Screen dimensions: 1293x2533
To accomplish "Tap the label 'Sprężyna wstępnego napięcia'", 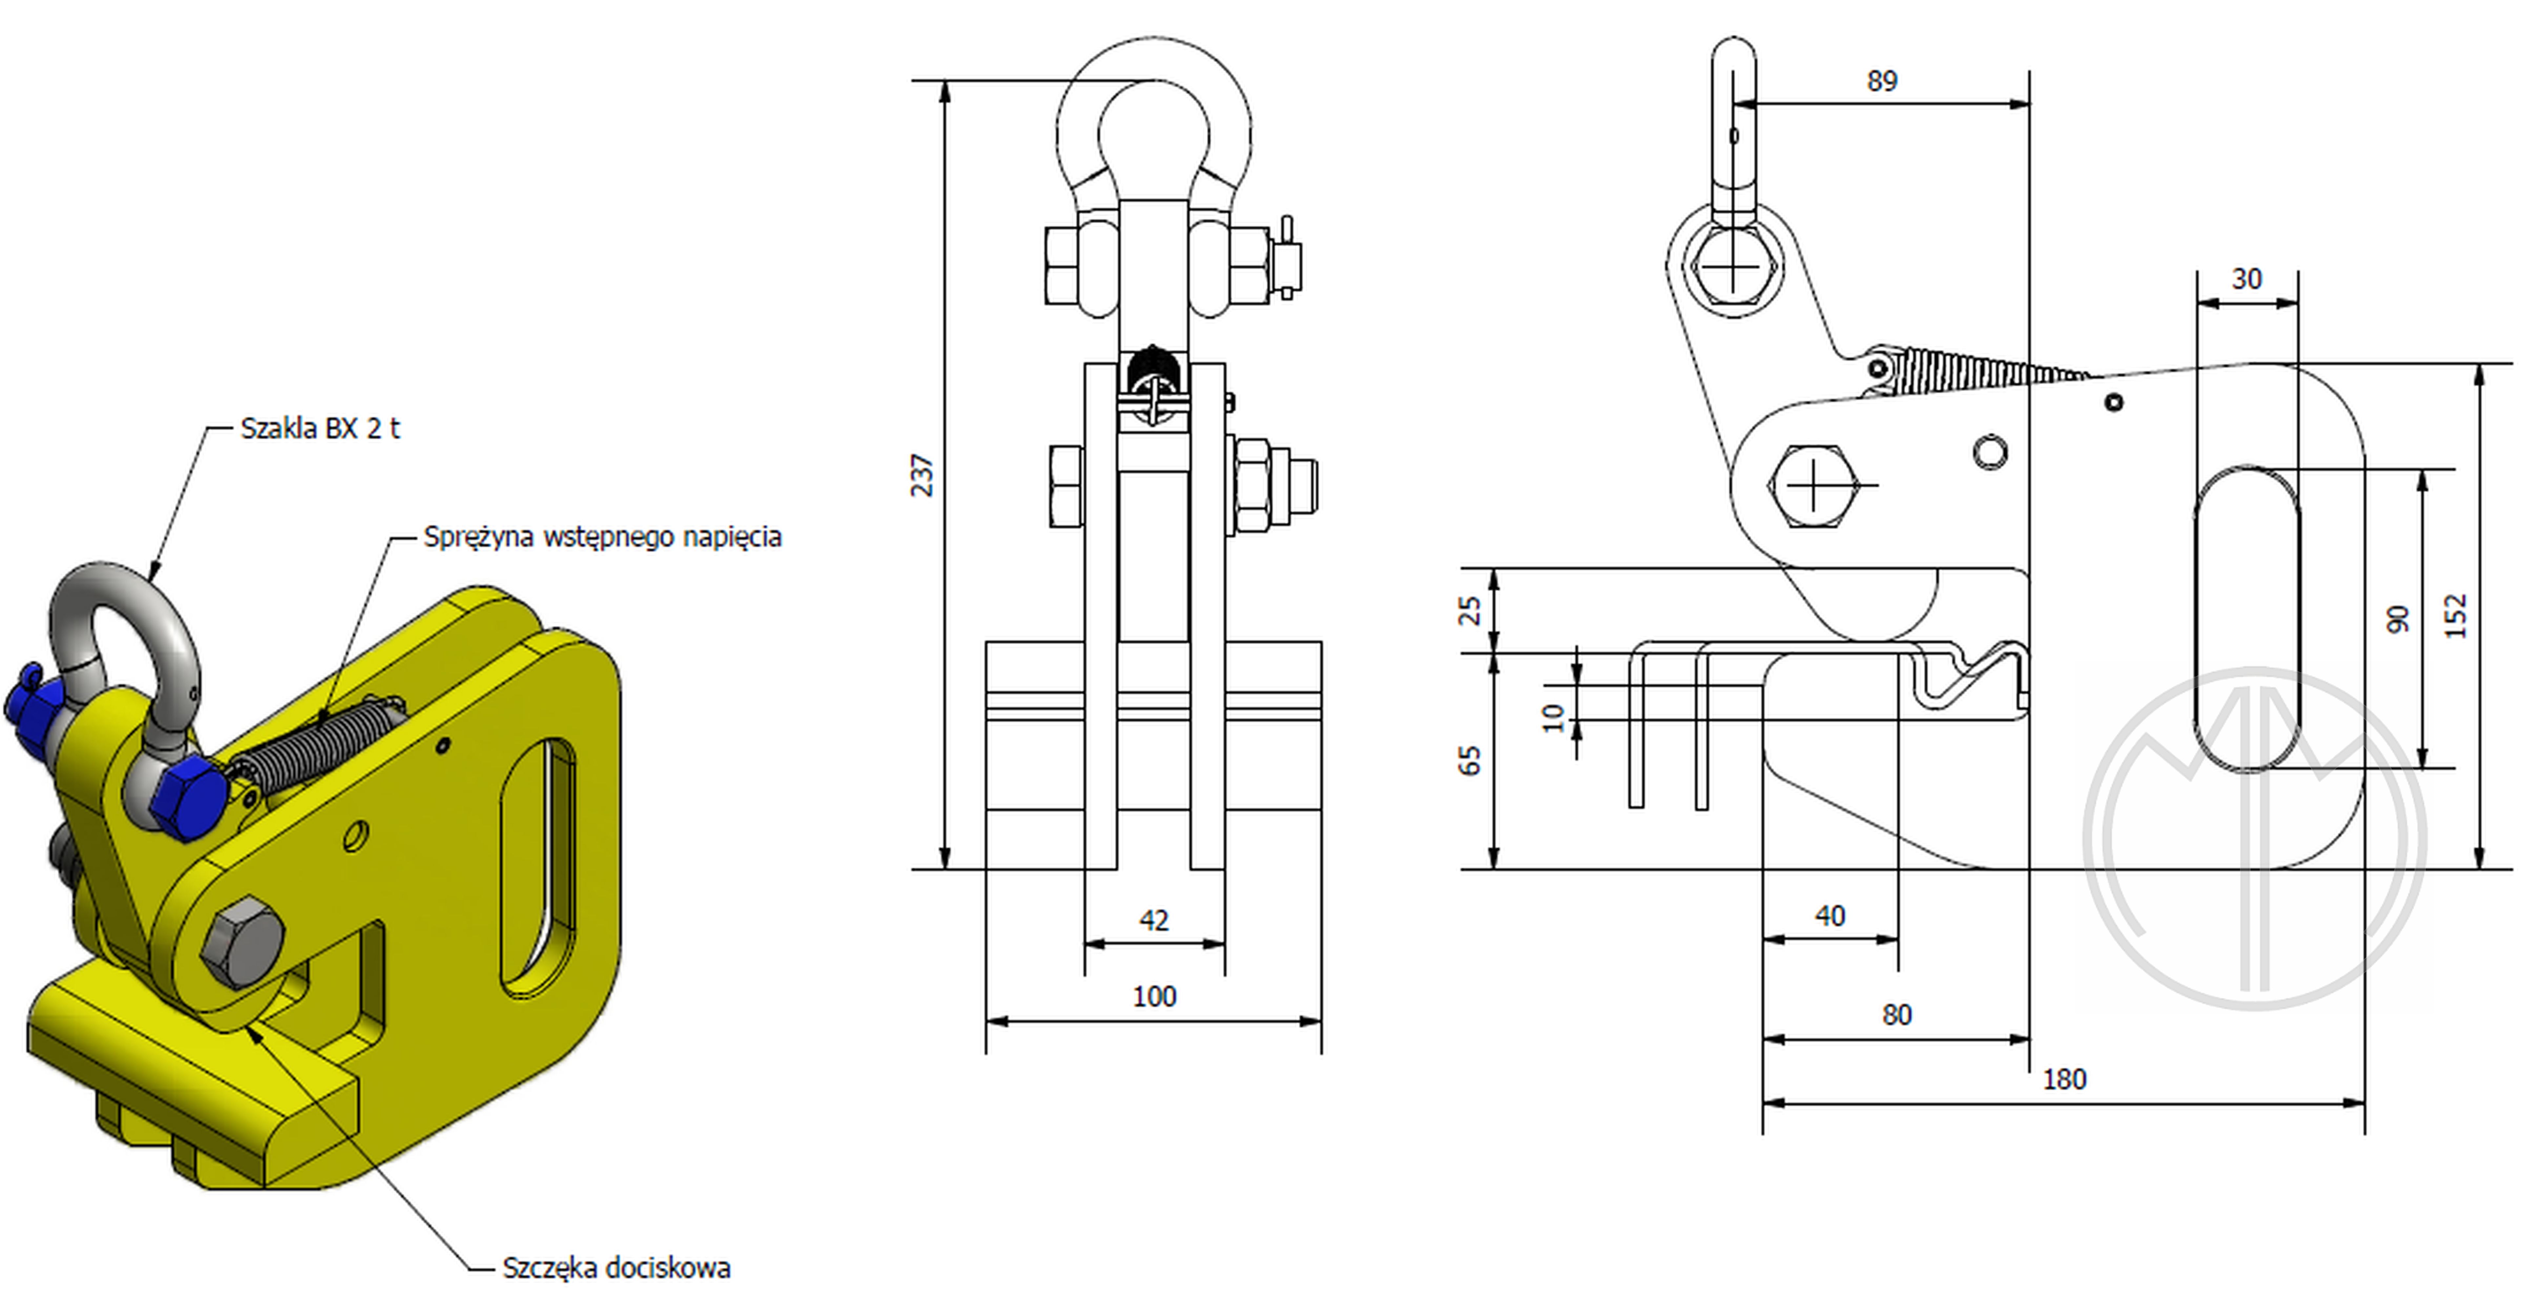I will (x=602, y=537).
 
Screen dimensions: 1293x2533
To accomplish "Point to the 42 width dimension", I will (x=1153, y=920).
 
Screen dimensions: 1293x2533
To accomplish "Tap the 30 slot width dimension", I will (x=2247, y=279).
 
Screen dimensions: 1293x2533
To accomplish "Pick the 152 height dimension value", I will (x=2455, y=616).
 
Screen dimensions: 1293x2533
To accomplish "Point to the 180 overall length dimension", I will (x=2064, y=1080).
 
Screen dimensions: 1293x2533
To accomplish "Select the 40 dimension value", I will (x=1830, y=916).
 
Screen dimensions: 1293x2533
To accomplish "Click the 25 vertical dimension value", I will (x=1469, y=611).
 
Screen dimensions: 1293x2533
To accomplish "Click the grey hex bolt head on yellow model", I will (x=242, y=944).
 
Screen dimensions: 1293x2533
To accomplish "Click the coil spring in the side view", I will (x=1977, y=372).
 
